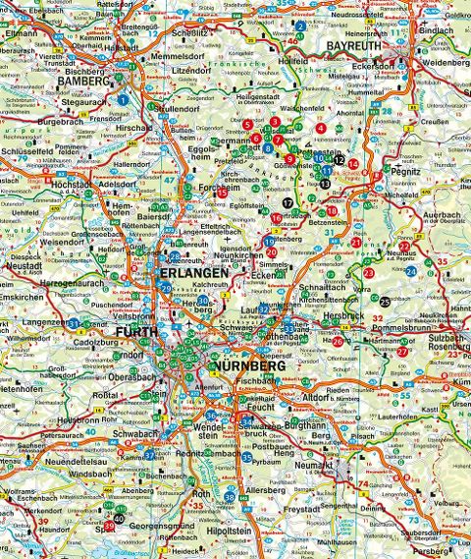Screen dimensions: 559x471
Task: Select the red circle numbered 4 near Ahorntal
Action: (x=322, y=128)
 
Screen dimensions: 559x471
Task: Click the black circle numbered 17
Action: (x=288, y=201)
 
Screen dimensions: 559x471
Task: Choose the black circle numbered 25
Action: (x=386, y=302)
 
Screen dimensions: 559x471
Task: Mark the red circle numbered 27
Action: (x=402, y=351)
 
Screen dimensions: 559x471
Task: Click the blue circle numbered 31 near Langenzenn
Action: (x=74, y=322)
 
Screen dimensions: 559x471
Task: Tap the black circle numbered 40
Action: (x=119, y=518)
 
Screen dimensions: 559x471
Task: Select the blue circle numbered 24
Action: (x=411, y=271)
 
